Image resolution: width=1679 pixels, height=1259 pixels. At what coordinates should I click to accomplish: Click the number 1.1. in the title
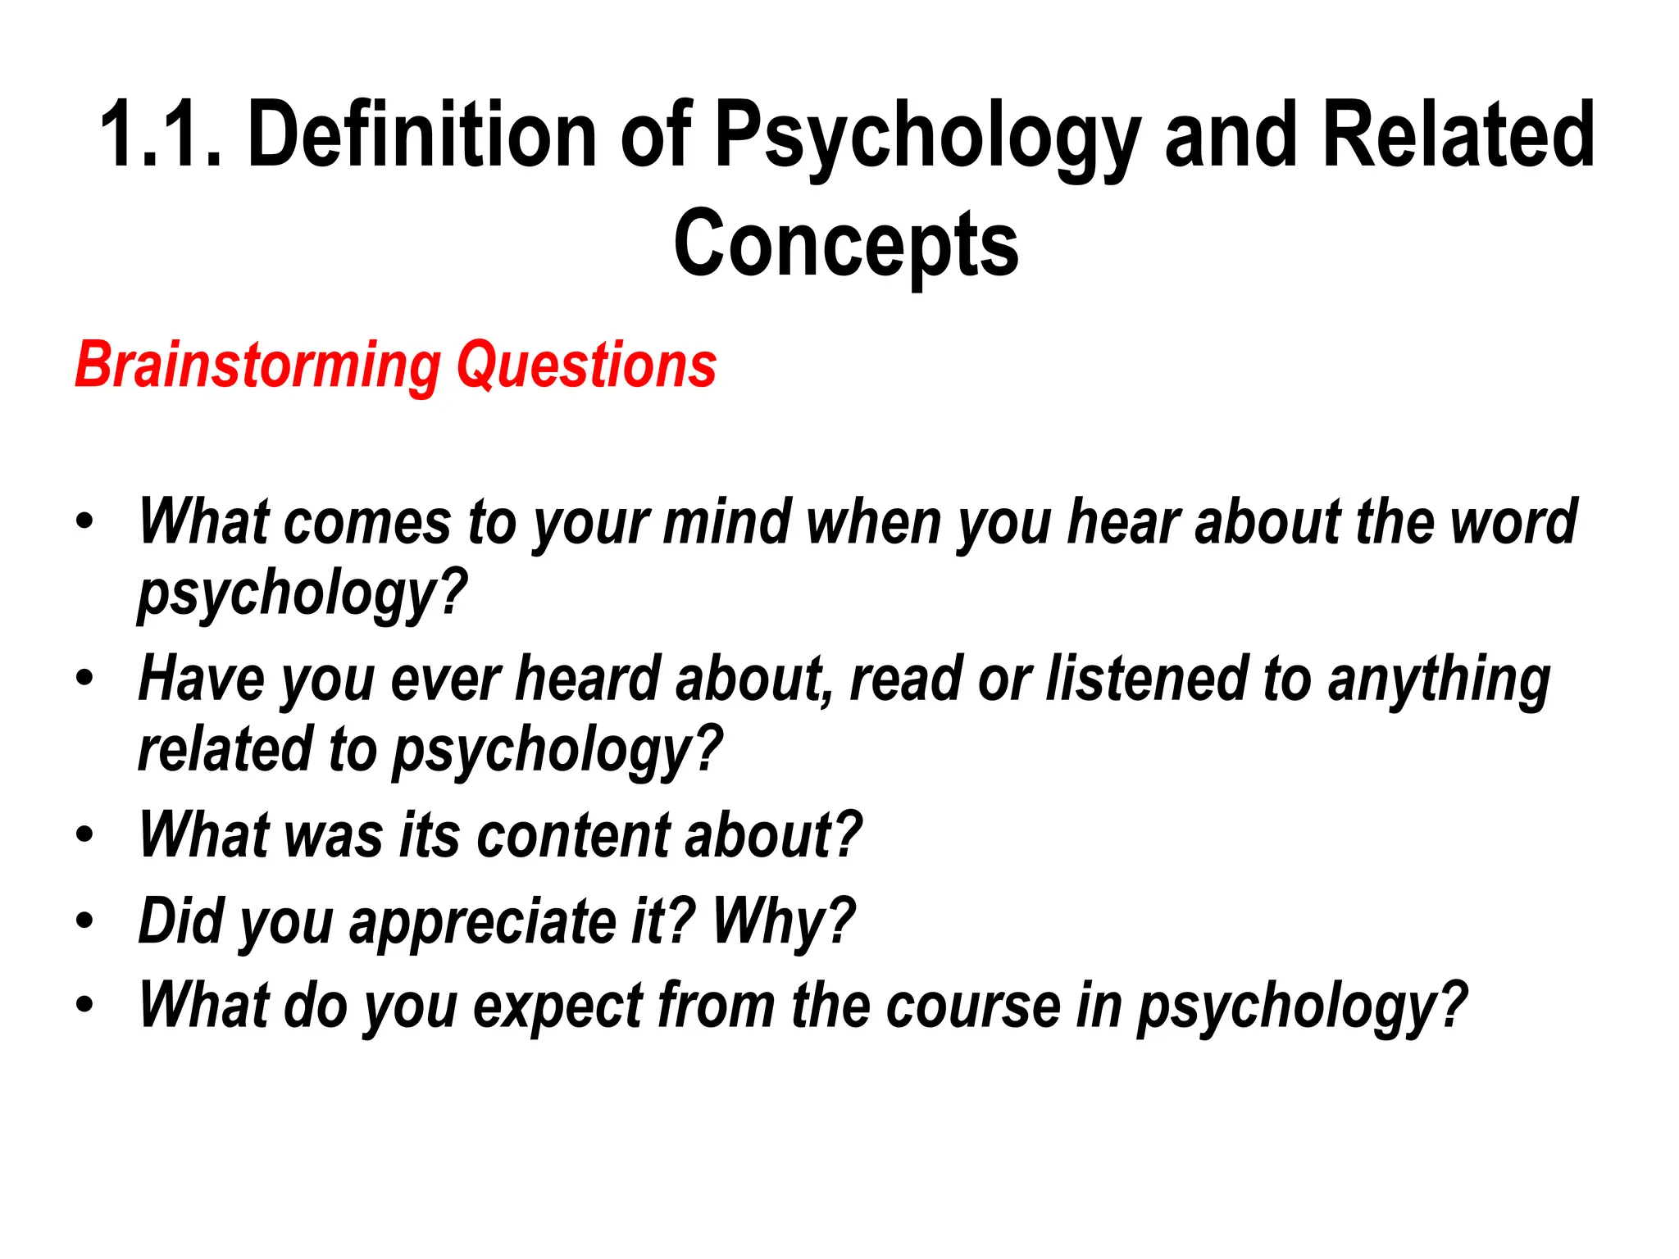(x=161, y=134)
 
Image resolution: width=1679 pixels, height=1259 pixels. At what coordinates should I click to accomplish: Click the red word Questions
(x=586, y=365)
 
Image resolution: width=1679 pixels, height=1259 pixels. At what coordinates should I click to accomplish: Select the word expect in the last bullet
(x=558, y=1006)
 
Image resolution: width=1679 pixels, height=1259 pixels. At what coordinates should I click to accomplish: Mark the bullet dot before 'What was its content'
(x=84, y=835)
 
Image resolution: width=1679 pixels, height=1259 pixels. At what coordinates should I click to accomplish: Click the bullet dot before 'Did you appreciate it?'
(x=84, y=921)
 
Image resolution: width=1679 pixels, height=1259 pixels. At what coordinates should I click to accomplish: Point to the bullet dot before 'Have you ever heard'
(x=84, y=679)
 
